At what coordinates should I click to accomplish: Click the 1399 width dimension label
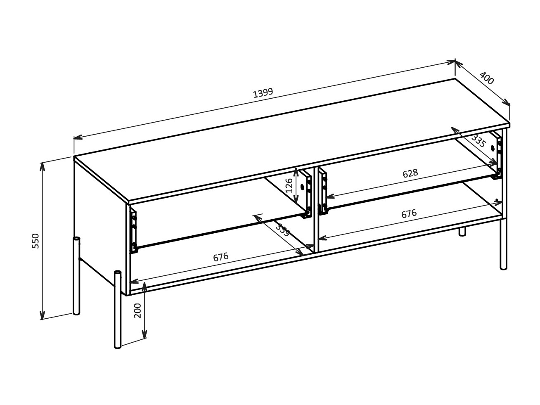[263, 92]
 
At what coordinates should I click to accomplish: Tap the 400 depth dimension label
[487, 78]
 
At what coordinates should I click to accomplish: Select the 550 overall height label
[36, 241]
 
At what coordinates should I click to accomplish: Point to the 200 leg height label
[138, 310]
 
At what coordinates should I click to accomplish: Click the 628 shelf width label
[410, 173]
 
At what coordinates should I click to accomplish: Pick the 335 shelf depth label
[478, 141]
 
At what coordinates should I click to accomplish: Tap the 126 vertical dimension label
[289, 185]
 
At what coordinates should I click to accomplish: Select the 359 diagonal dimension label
[283, 230]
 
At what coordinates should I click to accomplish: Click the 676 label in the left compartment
[221, 257]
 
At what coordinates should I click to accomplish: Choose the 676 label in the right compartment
[409, 214]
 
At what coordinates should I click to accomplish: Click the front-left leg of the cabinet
[118, 310]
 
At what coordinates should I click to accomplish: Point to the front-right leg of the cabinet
[503, 244]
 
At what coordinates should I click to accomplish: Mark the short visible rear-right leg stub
[462, 232]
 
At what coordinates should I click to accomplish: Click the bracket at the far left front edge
[134, 230]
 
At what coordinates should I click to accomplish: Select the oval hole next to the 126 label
[302, 187]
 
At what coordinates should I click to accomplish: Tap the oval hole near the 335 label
[493, 148]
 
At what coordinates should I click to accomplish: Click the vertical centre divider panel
[317, 208]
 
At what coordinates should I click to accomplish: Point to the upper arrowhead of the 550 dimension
[42, 166]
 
